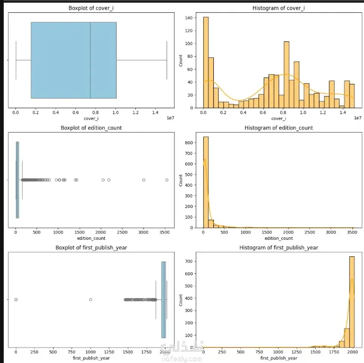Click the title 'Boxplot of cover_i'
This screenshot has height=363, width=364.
coord(91,8)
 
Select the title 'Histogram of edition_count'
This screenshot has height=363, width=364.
coord(278,128)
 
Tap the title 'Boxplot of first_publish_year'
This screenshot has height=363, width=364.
coord(91,248)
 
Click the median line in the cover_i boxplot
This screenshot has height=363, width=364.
coord(90,60)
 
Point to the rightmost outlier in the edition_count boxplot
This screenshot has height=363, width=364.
coord(167,180)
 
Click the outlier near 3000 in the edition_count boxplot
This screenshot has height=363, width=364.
coord(143,180)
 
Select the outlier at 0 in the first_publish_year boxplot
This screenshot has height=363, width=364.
coord(16,300)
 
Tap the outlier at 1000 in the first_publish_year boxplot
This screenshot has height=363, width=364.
coord(90,300)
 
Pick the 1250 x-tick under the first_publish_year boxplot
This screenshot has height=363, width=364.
coord(109,352)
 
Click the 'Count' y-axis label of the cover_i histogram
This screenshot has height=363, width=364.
coord(182,60)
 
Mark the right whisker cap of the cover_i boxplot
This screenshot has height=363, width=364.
coord(167,60)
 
